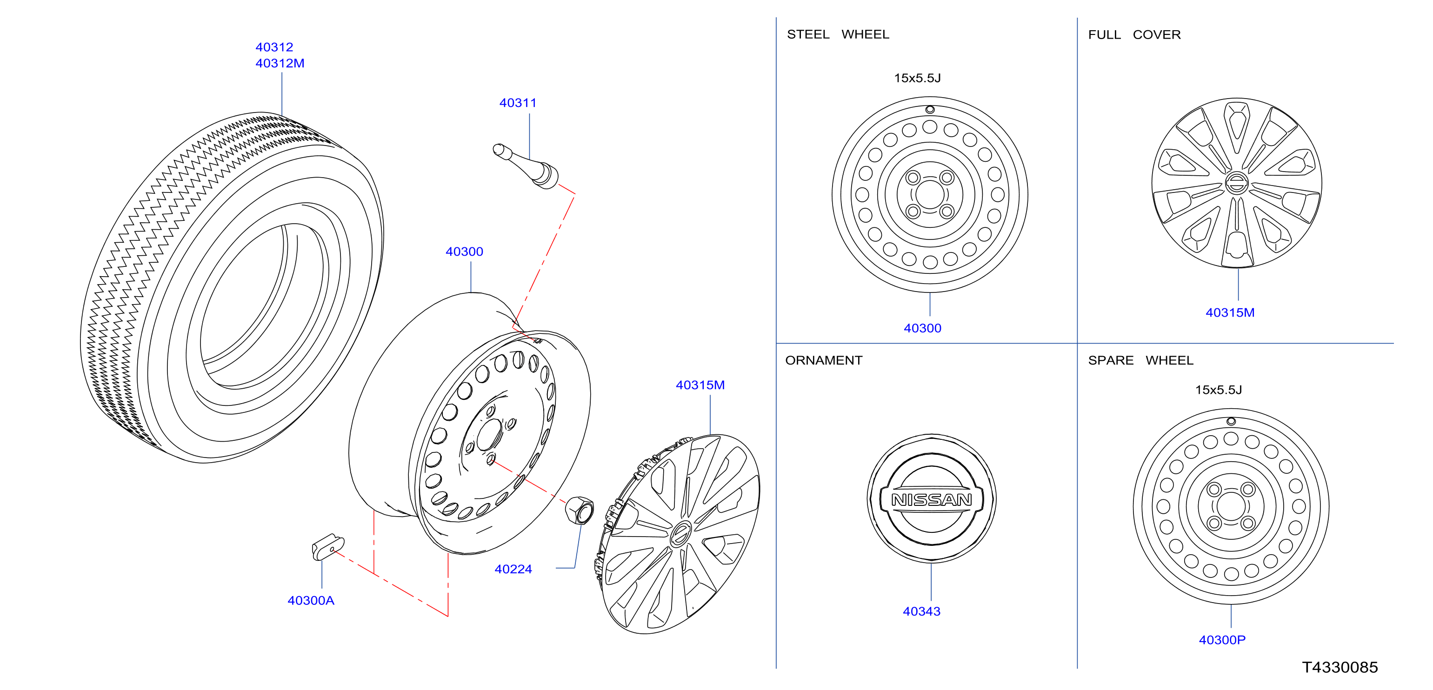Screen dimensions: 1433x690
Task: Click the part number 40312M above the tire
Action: coord(280,63)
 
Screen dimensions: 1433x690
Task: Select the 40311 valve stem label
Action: coord(518,103)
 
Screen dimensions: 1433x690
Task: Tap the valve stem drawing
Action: coord(526,166)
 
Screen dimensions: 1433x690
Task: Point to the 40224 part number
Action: coord(513,570)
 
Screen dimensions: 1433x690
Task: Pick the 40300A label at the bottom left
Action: coord(311,600)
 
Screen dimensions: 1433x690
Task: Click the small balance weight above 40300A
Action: coord(327,547)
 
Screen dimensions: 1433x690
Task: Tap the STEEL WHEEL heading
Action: coord(838,34)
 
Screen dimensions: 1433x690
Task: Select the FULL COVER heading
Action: coord(1134,34)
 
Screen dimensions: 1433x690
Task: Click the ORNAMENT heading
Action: coord(824,360)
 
